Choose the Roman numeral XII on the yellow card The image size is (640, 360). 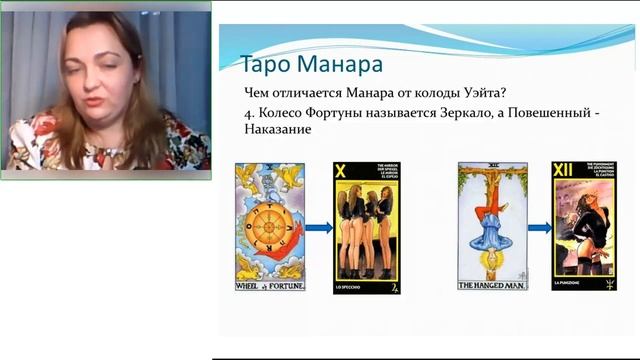pos(566,173)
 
